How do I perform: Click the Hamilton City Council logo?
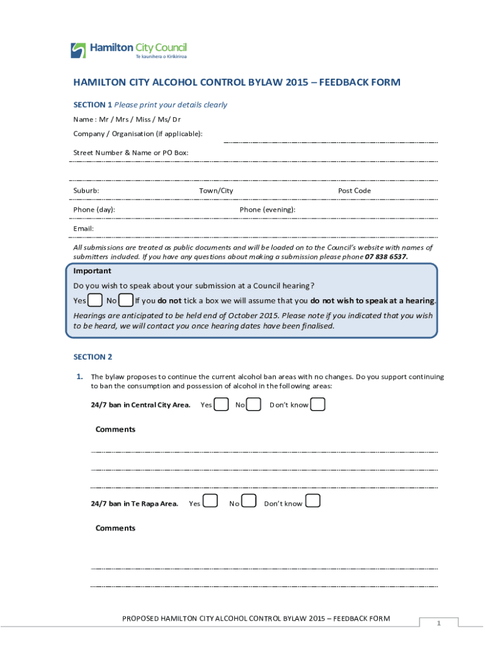128,50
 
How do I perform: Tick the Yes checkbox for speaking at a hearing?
95,300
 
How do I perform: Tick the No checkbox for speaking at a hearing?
125,300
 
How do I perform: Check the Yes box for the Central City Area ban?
221,404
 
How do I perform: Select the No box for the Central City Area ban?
253,404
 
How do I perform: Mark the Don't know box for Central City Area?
317,404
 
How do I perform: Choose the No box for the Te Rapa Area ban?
249,501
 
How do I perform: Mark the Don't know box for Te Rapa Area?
312,501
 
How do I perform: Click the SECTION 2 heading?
93,357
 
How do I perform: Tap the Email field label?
83,229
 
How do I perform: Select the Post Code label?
355,191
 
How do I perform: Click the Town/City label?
216,191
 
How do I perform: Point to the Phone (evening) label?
268,210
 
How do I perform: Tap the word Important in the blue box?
92,271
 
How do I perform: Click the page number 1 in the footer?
439,623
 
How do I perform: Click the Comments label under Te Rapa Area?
115,528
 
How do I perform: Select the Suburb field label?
86,191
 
